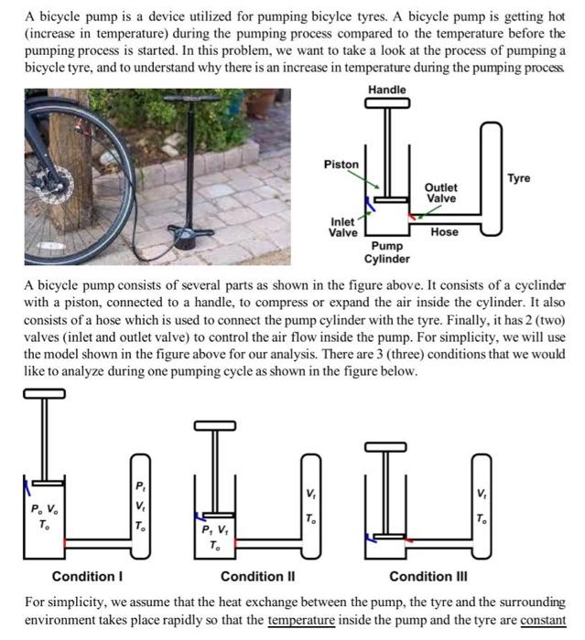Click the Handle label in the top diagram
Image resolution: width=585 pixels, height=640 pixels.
click(x=386, y=89)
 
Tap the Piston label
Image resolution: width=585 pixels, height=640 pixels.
click(x=341, y=165)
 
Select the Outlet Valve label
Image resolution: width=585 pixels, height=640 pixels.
click(x=441, y=193)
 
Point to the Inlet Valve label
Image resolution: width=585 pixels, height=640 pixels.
click(x=343, y=227)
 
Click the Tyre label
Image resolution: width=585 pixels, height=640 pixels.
click(x=519, y=178)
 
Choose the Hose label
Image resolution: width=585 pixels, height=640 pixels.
click(x=445, y=232)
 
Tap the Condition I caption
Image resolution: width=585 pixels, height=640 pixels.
click(x=87, y=577)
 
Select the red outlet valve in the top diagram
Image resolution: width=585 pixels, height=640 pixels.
click(x=415, y=217)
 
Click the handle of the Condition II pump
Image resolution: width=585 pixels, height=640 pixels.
click(x=218, y=426)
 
